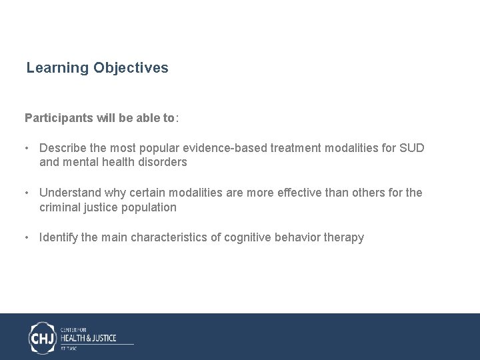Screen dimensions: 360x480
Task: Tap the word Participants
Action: coord(56,118)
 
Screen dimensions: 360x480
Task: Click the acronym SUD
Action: coord(411,148)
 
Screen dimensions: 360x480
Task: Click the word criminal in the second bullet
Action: coord(60,207)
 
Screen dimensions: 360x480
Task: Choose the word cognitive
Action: coord(251,237)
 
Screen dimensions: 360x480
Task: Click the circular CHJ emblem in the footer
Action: coord(43,338)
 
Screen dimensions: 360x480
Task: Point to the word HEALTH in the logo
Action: coord(72,338)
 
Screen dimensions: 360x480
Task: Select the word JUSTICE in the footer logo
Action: coord(101,338)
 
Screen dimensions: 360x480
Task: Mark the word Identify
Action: coord(59,237)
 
